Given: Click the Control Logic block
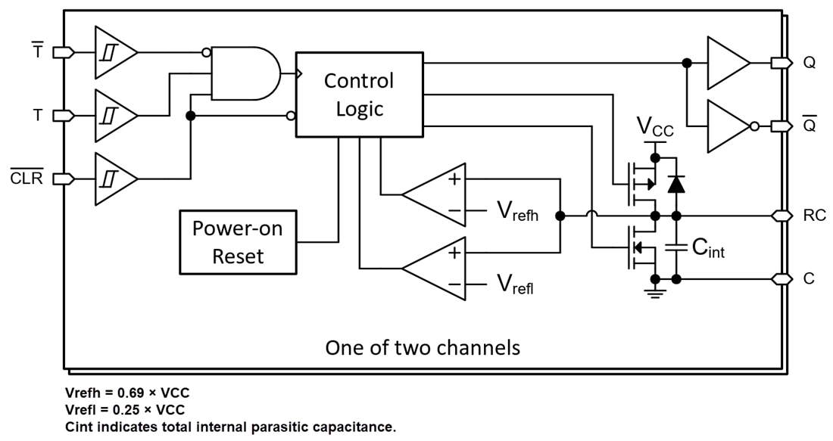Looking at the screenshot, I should [359, 95].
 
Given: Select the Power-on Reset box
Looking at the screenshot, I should [238, 242].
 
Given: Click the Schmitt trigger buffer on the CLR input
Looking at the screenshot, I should [114, 179].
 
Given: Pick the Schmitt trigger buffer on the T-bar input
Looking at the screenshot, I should [114, 52].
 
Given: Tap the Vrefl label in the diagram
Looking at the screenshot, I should [516, 284].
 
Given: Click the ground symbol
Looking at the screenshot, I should [652, 291].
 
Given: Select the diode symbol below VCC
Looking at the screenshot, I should [676, 183].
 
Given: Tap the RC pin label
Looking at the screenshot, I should [814, 216].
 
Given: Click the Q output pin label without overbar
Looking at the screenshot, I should [810, 64].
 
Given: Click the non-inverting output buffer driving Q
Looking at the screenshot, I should [727, 64].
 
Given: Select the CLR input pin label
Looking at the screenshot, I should [31, 179].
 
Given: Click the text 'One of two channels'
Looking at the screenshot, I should [423, 347].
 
